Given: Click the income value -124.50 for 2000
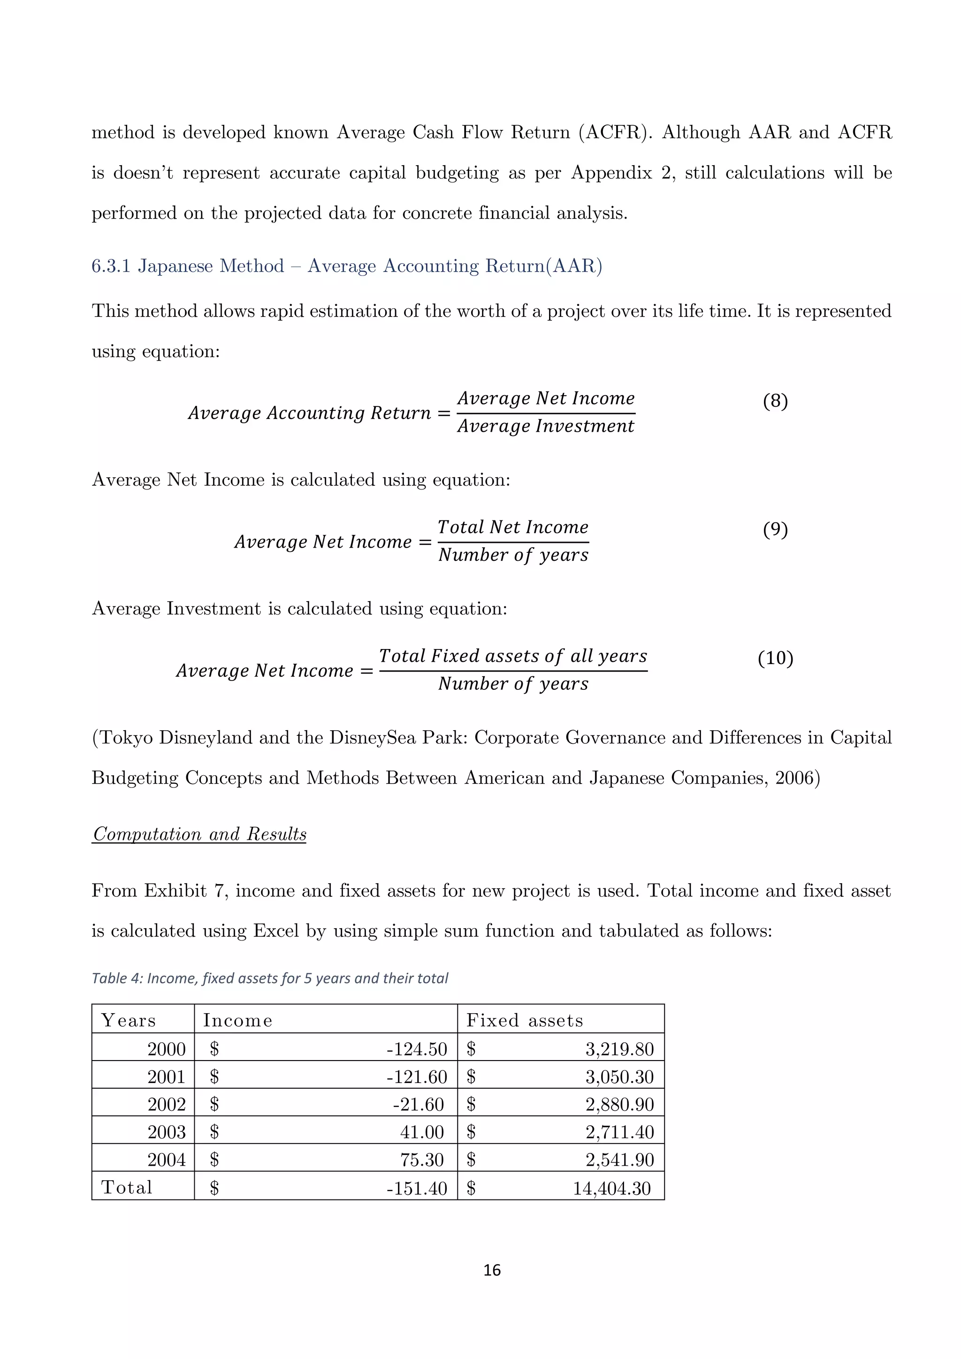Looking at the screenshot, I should (x=417, y=1049).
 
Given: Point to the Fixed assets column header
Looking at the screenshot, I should (x=524, y=1021).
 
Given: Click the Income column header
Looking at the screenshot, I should (x=237, y=1021).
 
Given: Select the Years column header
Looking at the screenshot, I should (x=129, y=1021).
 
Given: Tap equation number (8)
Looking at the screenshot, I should (x=775, y=401).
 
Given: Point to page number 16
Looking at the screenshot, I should (x=492, y=1270).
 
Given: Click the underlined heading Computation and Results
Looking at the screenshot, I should (x=199, y=834).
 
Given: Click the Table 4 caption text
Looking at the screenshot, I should (x=270, y=978).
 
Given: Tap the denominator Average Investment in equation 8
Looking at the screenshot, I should (x=546, y=426).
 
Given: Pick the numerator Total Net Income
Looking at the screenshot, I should (x=512, y=527).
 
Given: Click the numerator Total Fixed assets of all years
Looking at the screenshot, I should (x=512, y=656).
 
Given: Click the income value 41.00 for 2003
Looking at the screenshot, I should (x=421, y=1132).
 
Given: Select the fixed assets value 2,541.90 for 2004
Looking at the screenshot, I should (x=619, y=1160).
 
